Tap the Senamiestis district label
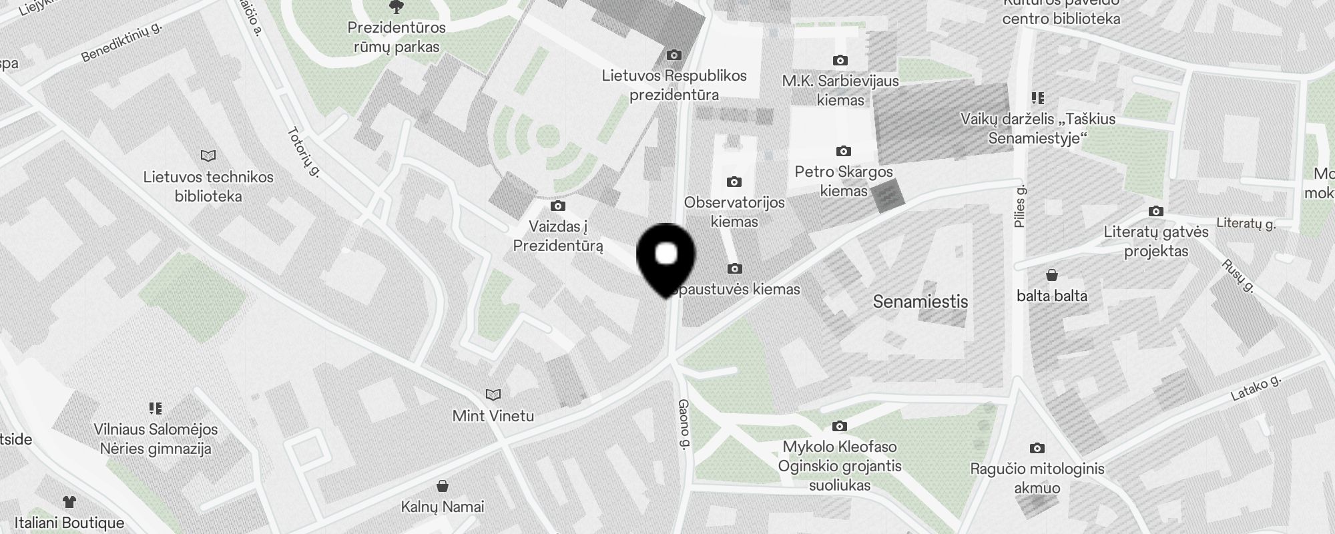pyautogui.click(x=920, y=302)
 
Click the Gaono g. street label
pyautogui.click(x=684, y=425)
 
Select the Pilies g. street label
pyautogui.click(x=1019, y=207)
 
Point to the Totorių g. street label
pyautogui.click(x=304, y=152)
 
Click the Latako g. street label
pyautogui.click(x=1256, y=388)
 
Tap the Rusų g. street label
pyautogui.click(x=1238, y=276)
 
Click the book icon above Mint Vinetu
pyautogui.click(x=493, y=394)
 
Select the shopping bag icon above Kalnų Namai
pyautogui.click(x=442, y=485)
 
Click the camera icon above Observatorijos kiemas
pyautogui.click(x=734, y=182)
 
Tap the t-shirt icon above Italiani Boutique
pyautogui.click(x=69, y=501)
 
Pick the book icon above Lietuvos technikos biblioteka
pyautogui.click(x=208, y=156)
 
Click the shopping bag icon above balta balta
pyautogui.click(x=1051, y=274)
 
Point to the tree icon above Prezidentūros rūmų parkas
pyautogui.click(x=396, y=7)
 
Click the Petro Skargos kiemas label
pyautogui.click(x=844, y=181)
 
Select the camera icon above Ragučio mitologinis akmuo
pyautogui.click(x=1037, y=448)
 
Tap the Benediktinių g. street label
pyautogui.click(x=121, y=41)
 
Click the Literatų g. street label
pyautogui.click(x=1246, y=223)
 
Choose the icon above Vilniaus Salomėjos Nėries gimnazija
pyautogui.click(x=156, y=408)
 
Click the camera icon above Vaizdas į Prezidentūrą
pyautogui.click(x=558, y=206)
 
